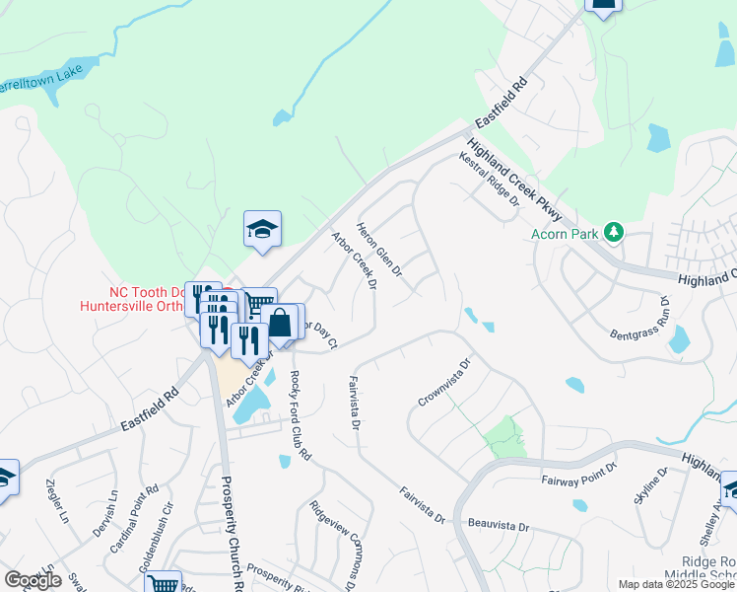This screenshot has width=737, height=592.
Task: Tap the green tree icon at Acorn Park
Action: tap(615, 233)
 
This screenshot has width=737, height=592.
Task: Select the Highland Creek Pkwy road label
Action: tap(514, 180)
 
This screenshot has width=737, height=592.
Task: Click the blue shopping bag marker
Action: tap(279, 323)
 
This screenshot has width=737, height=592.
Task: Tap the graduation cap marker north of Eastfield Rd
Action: tap(262, 228)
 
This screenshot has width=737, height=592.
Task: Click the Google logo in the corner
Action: tap(33, 580)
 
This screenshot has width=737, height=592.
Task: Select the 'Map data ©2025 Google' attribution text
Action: tap(677, 584)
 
